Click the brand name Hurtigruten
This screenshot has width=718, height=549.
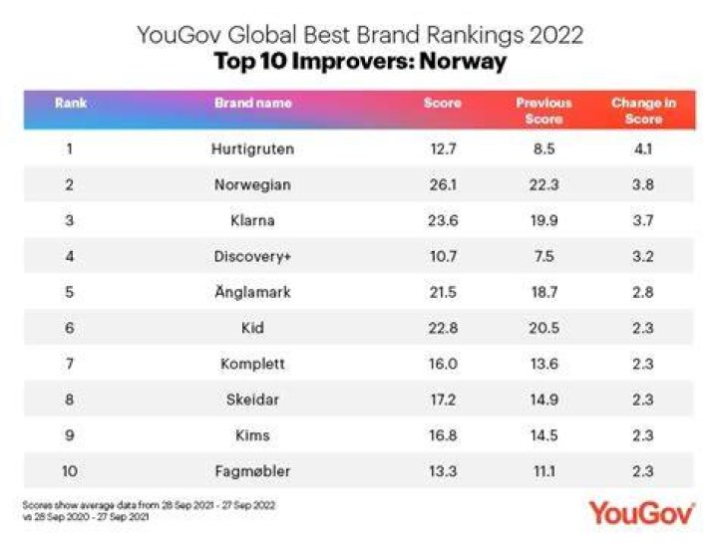point(252,149)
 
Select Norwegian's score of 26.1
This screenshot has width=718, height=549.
point(443,185)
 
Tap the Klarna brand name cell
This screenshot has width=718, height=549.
point(252,220)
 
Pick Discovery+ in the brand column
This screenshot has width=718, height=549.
point(252,257)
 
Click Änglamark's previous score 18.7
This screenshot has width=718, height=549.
point(544,292)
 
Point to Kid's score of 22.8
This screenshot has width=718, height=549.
point(443,328)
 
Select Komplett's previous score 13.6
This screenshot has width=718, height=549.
point(544,364)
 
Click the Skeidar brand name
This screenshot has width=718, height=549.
point(252,400)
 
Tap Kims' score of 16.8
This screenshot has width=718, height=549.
point(443,435)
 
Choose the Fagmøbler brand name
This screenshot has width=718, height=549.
point(252,471)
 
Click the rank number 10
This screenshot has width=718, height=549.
point(70,471)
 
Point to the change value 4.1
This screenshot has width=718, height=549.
point(643,149)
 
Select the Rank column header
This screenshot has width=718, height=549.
point(71,103)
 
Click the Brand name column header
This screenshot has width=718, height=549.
point(253,103)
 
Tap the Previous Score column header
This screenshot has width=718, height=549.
point(544,112)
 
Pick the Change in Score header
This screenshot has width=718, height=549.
point(644,112)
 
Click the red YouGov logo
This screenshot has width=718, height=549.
point(642,513)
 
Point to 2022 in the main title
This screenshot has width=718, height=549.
point(556,35)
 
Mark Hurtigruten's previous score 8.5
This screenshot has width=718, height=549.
point(544,149)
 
